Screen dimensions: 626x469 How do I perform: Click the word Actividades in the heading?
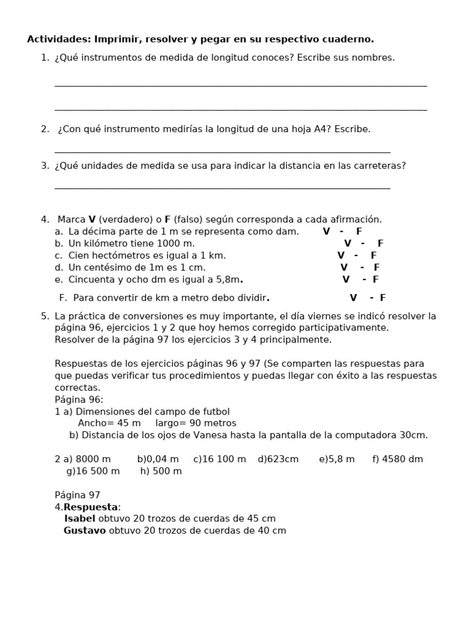58,39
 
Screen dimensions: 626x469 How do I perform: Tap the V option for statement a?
326,232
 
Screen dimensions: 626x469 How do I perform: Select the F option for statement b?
380,243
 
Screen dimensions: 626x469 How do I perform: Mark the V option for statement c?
341,256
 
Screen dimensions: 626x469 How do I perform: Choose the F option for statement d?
377,268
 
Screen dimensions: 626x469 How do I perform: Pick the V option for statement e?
346,279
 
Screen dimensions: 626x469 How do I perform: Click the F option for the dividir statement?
383,298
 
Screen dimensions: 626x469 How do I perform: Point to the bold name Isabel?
79,518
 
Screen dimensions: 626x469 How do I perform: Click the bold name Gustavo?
84,531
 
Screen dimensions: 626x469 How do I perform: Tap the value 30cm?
413,435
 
